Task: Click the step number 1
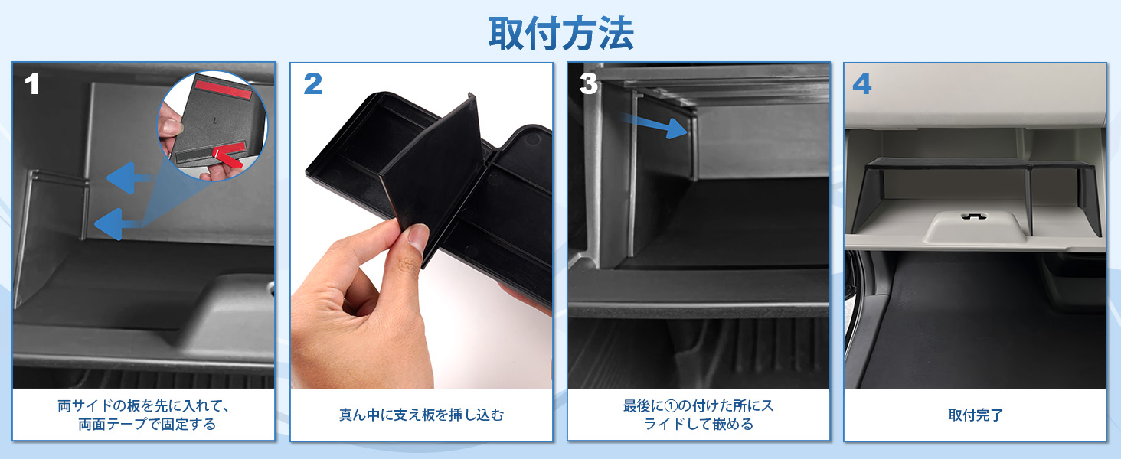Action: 31,84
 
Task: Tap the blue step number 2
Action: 312,84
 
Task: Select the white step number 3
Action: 588,84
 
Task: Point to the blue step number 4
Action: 862,84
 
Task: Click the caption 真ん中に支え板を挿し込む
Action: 421,415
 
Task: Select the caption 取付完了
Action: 975,415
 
